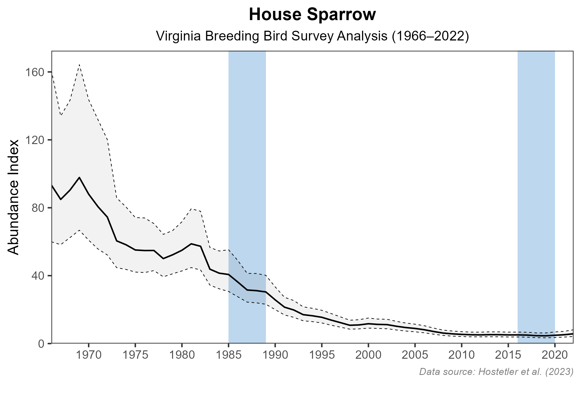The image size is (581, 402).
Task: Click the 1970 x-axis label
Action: point(89,356)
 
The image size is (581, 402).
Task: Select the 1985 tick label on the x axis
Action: point(228,356)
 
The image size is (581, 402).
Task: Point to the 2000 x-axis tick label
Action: point(368,356)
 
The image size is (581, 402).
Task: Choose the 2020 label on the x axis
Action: point(555,356)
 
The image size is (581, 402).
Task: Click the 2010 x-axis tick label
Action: point(461,356)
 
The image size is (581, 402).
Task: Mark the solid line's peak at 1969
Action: point(80,177)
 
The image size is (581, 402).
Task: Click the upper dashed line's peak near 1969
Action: point(80,64)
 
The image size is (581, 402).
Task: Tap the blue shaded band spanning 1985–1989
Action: point(247,167)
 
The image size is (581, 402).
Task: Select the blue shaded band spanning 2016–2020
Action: point(536,167)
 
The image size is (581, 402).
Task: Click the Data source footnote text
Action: point(496,372)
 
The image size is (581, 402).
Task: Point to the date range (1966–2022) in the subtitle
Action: point(430,36)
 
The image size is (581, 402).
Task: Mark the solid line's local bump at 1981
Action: point(191,244)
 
